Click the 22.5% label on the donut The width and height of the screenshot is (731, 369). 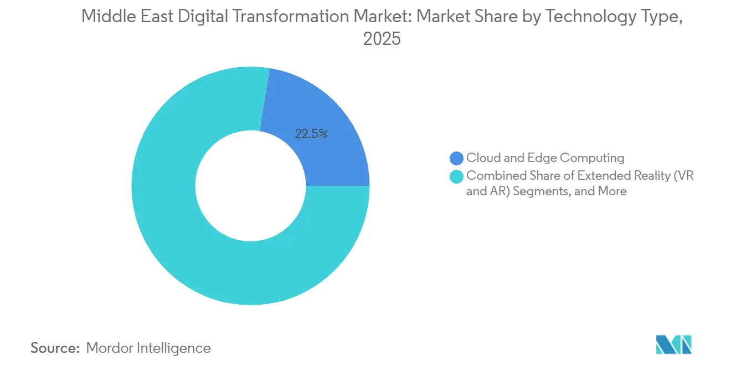click(311, 134)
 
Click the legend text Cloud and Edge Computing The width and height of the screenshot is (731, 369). click(545, 158)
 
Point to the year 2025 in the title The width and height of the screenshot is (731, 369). click(382, 39)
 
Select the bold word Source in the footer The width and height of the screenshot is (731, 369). click(55, 348)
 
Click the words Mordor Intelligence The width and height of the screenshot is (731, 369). click(148, 348)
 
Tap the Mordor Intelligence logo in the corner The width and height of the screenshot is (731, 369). click(673, 345)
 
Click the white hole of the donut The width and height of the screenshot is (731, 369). click(250, 186)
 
